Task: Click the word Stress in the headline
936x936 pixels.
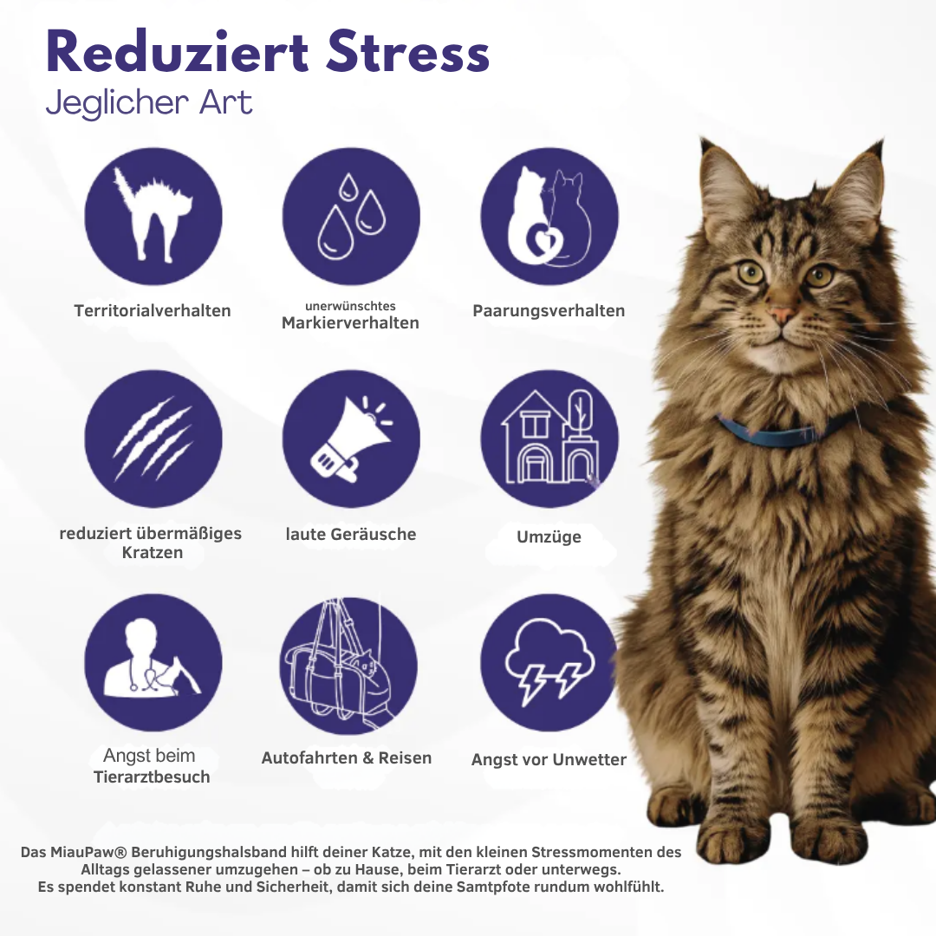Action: coord(408,54)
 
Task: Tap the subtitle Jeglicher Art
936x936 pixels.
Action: coord(148,103)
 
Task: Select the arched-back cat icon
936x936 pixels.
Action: coord(153,217)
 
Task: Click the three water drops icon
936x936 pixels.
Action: coord(351,217)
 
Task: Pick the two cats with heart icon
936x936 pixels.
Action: coord(549,217)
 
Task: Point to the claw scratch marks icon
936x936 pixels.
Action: coord(153,439)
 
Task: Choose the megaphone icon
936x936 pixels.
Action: coord(351,439)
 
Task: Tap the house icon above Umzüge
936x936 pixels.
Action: coord(549,439)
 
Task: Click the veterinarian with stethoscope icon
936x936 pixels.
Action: coord(153,662)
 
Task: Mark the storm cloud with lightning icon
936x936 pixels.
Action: coord(549,662)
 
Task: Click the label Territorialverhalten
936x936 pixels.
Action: coord(153,310)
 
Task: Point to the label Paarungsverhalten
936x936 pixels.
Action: coord(549,310)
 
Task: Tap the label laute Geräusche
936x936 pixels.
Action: coord(351,534)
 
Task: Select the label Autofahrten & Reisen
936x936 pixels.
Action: coord(347,757)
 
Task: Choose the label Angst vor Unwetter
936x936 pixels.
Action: coord(549,759)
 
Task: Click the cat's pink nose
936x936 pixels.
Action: coord(783,315)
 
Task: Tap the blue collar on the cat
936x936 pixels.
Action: coord(780,432)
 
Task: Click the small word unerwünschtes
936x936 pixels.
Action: coord(350,306)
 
